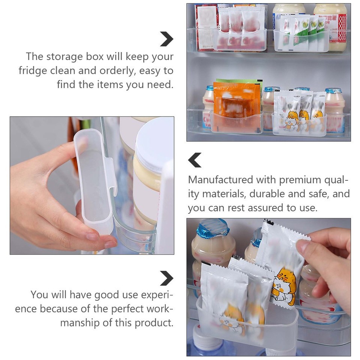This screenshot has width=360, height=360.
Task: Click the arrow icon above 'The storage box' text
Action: click(x=166, y=39)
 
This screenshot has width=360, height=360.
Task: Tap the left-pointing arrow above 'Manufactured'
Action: click(x=195, y=160)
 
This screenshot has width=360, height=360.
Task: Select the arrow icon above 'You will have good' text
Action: click(x=166, y=278)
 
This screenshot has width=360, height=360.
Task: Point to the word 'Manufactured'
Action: click(x=221, y=180)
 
